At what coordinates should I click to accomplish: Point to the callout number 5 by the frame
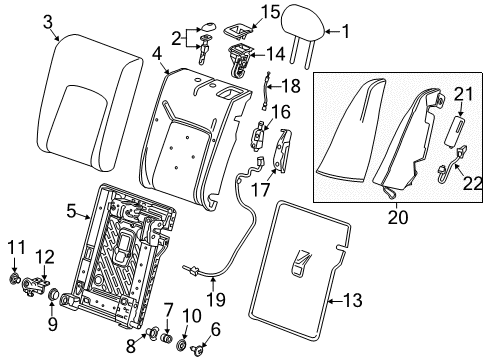pos(72,211)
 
